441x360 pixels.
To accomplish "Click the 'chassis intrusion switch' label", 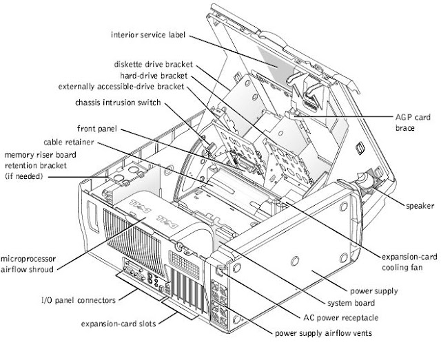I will [x=127, y=103].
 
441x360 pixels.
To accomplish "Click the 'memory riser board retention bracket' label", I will [x=35, y=165].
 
